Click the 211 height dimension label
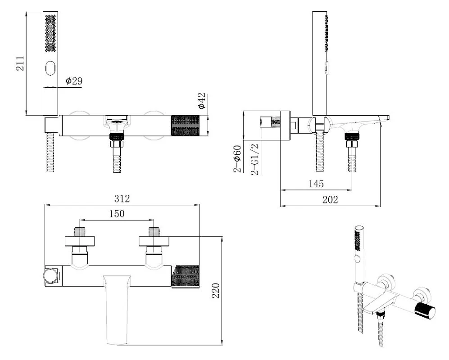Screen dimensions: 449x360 pos(20,63)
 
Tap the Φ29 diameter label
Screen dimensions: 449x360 pos(74,81)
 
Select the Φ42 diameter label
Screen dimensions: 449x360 pos(202,101)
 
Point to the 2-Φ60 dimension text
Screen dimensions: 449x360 pos(238,159)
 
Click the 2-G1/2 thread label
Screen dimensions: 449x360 pos(254,159)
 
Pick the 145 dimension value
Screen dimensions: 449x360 pos(316,184)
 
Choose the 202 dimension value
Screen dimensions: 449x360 pos(330,199)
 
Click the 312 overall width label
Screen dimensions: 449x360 pos(122,198)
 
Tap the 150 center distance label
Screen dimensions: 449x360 pos(117,214)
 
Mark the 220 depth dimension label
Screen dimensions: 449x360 pos(216,291)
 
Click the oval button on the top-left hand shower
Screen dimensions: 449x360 pos(50,68)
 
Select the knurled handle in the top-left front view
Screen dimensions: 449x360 pos(185,126)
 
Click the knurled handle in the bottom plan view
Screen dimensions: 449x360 pos(185,276)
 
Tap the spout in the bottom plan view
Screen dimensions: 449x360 pos(117,310)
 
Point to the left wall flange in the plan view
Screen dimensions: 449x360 pos(80,241)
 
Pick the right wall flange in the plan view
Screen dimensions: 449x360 pos(154,241)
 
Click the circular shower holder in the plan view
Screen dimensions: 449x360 pos(51,276)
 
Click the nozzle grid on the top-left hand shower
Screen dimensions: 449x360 pos(50,33)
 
